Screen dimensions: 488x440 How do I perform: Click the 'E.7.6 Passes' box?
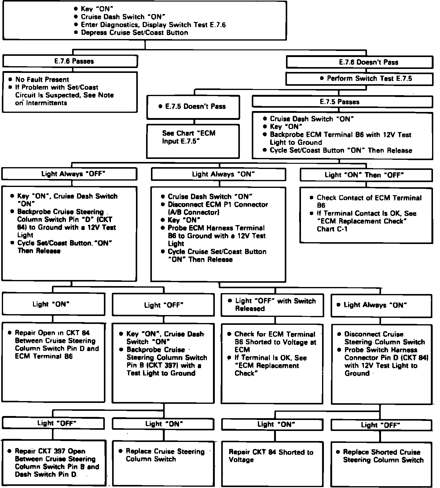point(70,61)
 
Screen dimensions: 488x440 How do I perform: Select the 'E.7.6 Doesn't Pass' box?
point(359,63)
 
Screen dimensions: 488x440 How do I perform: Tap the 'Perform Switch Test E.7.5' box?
point(359,79)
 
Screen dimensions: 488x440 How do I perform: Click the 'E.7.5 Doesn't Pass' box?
point(193,107)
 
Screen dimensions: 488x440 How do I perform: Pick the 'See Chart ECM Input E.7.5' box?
point(193,141)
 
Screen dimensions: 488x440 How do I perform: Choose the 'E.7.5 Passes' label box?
point(342,102)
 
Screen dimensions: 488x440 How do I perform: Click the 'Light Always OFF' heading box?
point(69,174)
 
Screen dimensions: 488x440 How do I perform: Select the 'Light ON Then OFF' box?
point(366,175)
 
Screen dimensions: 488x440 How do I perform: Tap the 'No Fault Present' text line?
point(42,80)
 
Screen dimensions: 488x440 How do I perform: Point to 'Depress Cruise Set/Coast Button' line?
point(134,33)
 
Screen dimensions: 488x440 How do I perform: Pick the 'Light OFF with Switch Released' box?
point(272,305)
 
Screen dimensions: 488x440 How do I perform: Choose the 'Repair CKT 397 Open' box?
point(54,462)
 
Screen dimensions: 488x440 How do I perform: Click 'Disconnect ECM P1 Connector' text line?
point(218,205)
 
